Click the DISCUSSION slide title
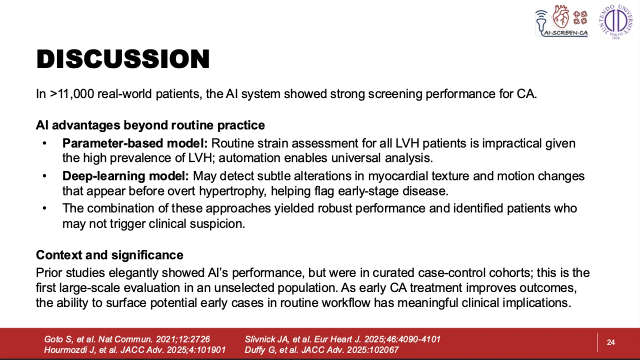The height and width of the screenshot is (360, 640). [123, 59]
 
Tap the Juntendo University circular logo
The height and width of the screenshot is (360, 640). [616, 21]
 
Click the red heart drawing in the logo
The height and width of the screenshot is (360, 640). [560, 17]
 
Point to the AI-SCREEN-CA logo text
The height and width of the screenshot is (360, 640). [565, 33]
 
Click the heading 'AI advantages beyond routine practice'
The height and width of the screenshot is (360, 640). [150, 125]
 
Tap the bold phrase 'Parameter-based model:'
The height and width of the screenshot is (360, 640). [135, 143]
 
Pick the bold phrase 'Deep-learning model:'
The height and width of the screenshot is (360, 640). [125, 176]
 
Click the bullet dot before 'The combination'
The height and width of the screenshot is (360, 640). [44, 208]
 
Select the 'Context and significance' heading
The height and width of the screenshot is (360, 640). [109, 255]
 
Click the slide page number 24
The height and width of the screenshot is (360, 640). [611, 342]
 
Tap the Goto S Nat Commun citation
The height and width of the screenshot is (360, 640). [127, 339]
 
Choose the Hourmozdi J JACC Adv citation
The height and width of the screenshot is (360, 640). [135, 349]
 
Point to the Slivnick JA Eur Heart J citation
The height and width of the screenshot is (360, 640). [342, 339]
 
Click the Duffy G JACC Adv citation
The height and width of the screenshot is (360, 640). [321, 349]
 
